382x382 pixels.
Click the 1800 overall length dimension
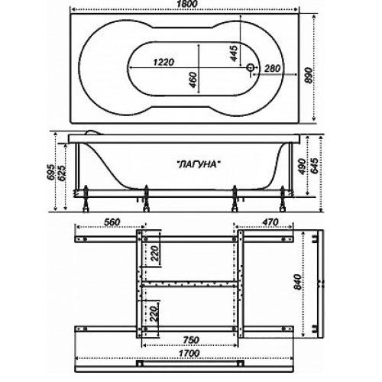coord(186,4)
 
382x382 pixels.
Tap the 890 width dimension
coord(309,76)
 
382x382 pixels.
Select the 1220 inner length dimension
coord(163,62)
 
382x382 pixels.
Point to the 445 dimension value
coord(234,53)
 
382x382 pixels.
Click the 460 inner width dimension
coord(193,79)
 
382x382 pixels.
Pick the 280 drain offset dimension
coord(272,68)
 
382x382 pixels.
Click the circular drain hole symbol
coord(251,67)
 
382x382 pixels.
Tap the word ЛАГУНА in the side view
coord(198,164)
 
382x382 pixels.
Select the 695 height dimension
coord(52,172)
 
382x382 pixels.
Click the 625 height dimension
coord(63,173)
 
